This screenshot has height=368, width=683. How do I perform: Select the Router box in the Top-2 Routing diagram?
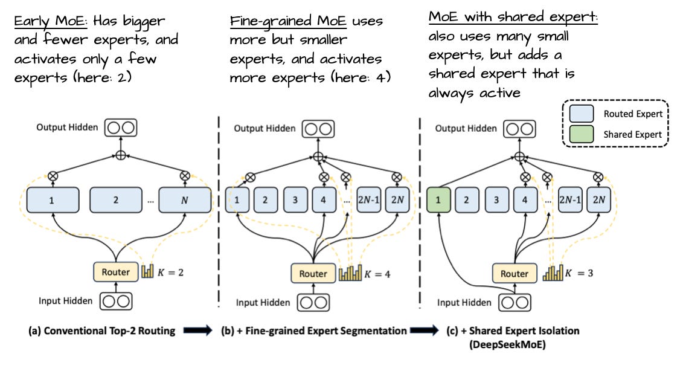point(115,272)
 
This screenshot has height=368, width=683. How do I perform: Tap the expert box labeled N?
point(185,200)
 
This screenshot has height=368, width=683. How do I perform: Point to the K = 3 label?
point(580,273)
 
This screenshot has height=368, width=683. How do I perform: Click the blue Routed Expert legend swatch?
point(582,114)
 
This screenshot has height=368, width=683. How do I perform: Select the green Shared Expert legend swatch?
point(582,135)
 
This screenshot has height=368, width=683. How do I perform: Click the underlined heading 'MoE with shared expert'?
point(513,16)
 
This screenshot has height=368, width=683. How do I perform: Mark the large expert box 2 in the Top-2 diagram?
point(115,200)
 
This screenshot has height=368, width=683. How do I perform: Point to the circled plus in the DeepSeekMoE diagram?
point(518,156)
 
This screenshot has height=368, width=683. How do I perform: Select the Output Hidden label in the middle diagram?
point(265,128)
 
